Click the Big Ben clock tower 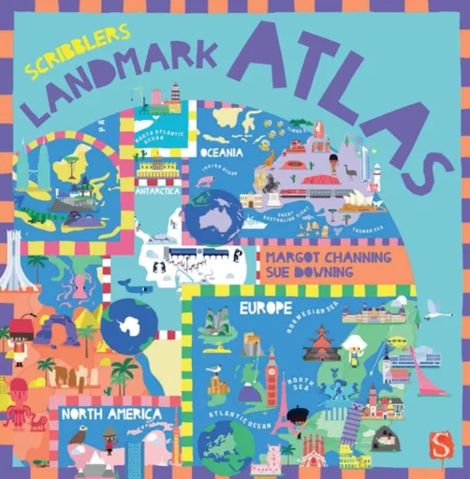272,370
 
